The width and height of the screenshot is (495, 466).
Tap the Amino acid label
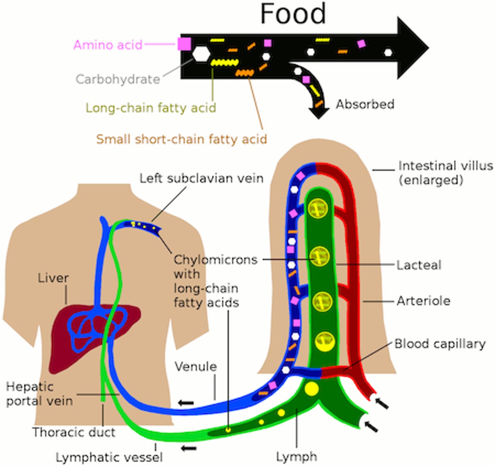click(108, 45)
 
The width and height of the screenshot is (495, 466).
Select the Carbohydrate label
click(118, 79)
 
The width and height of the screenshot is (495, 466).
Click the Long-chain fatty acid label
click(151, 108)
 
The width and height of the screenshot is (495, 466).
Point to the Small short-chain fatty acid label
click(182, 139)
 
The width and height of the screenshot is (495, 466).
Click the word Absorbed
click(365, 104)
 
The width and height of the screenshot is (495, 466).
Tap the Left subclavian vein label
click(201, 178)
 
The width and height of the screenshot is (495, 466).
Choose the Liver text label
click(53, 278)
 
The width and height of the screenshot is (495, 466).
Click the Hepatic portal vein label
click(39, 393)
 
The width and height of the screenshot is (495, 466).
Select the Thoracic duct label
click(74, 432)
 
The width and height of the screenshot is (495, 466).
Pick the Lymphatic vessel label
click(109, 457)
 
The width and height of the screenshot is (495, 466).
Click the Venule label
click(196, 367)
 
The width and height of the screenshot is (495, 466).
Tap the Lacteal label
click(419, 265)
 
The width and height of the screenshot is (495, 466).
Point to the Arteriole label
click(423, 301)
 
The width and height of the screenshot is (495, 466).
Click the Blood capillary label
click(440, 344)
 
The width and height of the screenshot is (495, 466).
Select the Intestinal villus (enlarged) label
click(445, 172)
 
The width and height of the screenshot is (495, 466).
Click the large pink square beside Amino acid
click(184, 44)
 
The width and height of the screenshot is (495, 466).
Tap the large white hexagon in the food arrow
click(201, 54)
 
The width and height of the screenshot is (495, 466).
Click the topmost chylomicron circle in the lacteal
click(318, 209)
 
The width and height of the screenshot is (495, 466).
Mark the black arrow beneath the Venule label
click(186, 403)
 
